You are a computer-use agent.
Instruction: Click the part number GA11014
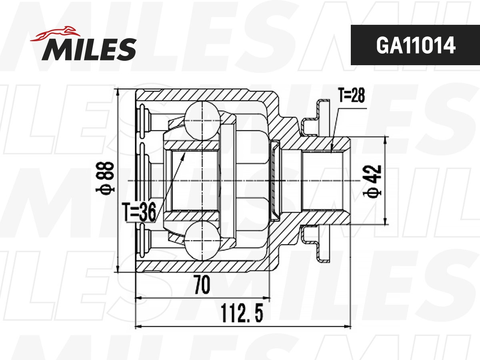415,46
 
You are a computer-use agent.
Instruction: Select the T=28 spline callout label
351,96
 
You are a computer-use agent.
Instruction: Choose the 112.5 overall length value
242,313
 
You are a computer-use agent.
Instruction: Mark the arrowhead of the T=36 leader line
184,154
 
